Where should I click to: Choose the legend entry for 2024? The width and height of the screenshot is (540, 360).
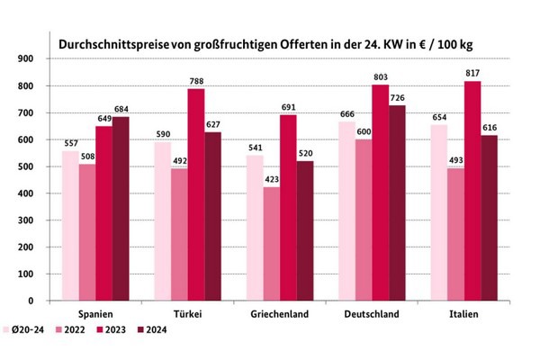(153, 329)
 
